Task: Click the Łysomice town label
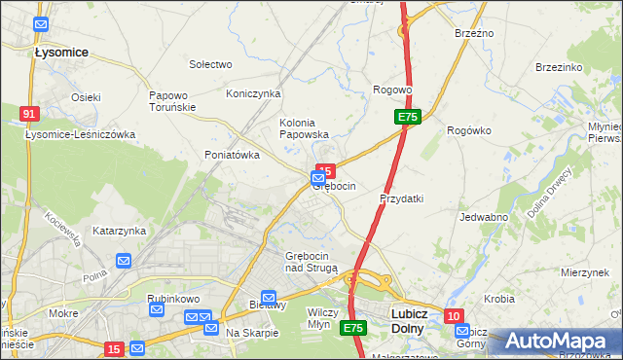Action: [x=61, y=52]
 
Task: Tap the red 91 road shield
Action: [x=28, y=114]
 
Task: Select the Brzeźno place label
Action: [x=474, y=33]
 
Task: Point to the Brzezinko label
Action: [x=559, y=67]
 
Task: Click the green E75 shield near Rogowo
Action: [x=408, y=117]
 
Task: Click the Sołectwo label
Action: [x=210, y=64]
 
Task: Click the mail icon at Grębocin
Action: [x=319, y=179]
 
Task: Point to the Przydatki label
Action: [x=401, y=198]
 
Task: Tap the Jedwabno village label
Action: [x=484, y=217]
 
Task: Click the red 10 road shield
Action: [x=454, y=315]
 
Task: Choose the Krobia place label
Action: [x=498, y=299]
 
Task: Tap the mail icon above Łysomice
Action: [x=40, y=24]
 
